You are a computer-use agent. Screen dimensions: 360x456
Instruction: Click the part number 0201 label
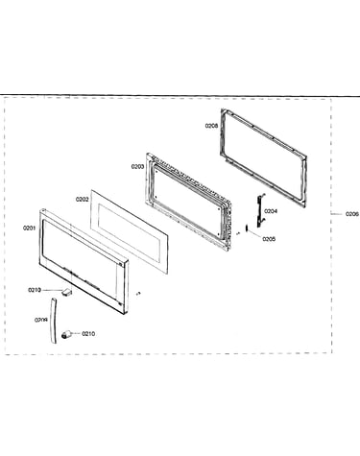(29, 228)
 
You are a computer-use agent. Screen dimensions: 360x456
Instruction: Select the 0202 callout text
(82, 200)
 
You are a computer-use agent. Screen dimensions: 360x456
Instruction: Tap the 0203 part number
(137, 167)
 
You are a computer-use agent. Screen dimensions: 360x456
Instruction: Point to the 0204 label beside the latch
(271, 211)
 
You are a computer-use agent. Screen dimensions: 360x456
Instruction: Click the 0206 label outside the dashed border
(352, 214)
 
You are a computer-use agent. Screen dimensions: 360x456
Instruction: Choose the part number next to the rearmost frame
(211, 126)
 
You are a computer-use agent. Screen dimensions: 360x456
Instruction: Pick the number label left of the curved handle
(41, 320)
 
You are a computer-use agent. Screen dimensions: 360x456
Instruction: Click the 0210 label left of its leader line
(35, 290)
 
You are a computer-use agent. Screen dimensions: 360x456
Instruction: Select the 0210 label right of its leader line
(88, 334)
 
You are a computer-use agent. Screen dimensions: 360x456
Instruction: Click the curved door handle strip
(53, 320)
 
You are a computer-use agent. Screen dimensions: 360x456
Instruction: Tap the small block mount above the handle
(67, 292)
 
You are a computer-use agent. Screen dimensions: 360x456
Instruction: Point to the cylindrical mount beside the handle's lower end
(66, 335)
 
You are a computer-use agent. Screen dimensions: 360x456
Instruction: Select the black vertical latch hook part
(260, 209)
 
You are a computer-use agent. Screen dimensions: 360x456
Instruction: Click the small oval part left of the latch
(247, 228)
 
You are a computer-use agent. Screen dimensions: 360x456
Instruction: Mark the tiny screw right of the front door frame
(138, 293)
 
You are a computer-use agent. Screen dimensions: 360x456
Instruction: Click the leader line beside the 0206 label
(337, 214)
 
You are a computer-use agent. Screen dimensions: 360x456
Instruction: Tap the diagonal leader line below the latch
(255, 234)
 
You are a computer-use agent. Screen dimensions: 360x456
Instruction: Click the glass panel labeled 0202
(129, 231)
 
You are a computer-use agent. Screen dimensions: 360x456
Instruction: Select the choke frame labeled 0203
(189, 201)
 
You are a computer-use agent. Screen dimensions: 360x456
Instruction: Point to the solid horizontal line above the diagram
(180, 95)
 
